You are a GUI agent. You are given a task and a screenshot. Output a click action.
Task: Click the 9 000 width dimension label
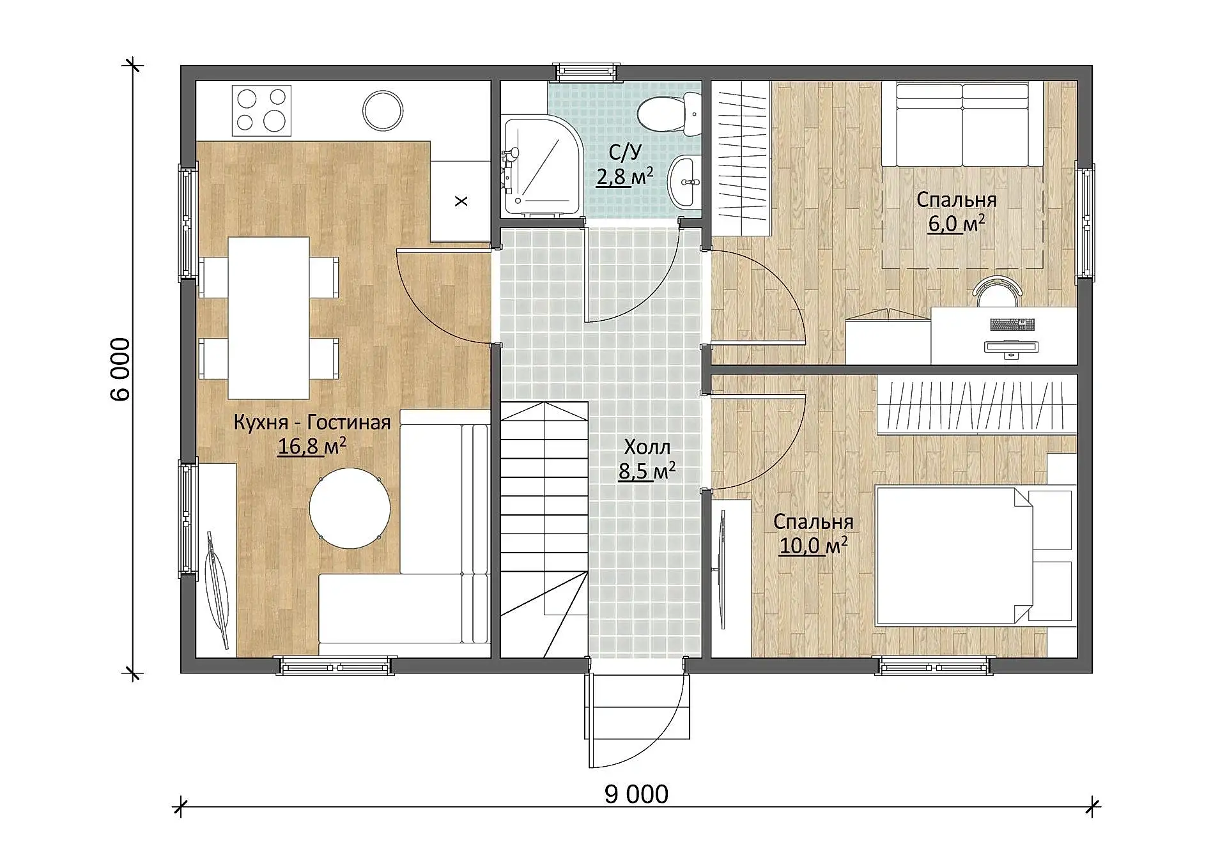pos(637,794)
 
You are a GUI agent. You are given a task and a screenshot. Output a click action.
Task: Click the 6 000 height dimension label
pos(120,369)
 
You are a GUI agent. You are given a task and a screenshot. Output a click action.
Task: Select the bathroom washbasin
pos(684,181)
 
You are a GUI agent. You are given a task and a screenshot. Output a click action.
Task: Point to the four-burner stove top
pos(261,110)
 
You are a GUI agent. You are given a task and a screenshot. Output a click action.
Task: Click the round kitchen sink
pos(383,110)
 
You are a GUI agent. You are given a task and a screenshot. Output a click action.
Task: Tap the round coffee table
pos(350,508)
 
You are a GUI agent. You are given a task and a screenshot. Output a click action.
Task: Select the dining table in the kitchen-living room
pos(268,318)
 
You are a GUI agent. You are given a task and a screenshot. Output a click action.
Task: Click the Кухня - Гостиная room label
pos(312,422)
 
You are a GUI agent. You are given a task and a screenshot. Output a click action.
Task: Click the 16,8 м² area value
pos(312,447)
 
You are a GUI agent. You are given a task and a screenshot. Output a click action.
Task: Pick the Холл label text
pos(647,447)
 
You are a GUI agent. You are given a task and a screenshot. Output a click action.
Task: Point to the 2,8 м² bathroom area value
pos(624,176)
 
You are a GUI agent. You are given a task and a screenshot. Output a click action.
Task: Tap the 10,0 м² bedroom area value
pos(814,546)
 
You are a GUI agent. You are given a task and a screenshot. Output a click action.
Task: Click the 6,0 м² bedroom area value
pos(956,224)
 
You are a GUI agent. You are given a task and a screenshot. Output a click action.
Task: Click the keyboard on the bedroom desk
pos(1012,325)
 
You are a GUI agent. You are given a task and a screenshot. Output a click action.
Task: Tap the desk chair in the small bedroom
pos(998,291)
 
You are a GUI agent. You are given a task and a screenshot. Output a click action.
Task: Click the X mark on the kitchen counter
pos(461,201)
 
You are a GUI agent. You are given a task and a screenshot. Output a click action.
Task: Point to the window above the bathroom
pos(587,72)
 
